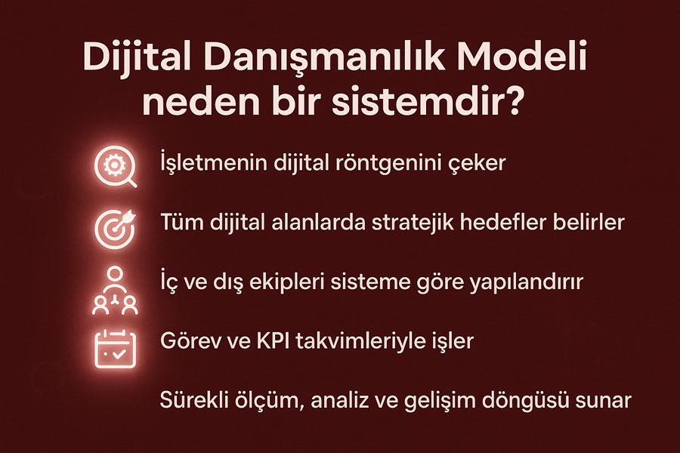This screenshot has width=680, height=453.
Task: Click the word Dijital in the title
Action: (x=137, y=58)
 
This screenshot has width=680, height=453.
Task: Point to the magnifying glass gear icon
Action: (x=116, y=166)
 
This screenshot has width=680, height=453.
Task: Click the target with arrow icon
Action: (x=115, y=229)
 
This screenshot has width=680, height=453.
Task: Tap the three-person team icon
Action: (x=115, y=291)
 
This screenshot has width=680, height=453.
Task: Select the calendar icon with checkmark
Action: (x=115, y=349)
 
